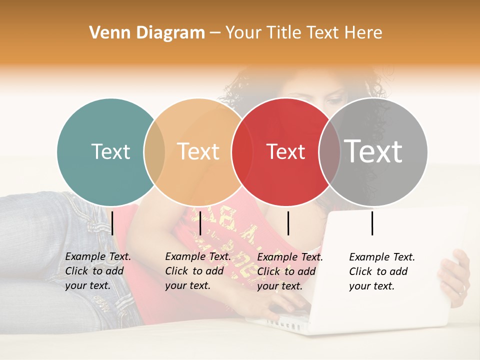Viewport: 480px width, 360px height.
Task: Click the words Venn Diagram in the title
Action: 147,33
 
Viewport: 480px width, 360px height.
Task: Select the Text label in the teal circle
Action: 110,151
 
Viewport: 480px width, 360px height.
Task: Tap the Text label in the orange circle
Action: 198,151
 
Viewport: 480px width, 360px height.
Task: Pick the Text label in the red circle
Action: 285,152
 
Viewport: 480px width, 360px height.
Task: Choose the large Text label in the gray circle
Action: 373,151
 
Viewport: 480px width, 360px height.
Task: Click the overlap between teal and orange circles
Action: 154,151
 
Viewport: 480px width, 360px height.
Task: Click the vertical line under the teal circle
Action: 112,223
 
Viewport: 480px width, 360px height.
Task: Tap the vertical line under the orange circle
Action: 200,223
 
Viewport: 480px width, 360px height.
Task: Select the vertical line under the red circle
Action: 288,223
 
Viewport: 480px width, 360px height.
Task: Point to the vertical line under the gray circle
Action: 372,223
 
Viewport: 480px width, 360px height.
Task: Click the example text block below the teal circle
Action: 98,271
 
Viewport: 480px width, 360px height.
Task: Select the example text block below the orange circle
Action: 197,271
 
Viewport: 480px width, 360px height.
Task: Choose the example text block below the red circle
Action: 290,271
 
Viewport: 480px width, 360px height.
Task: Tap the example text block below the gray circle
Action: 382,271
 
